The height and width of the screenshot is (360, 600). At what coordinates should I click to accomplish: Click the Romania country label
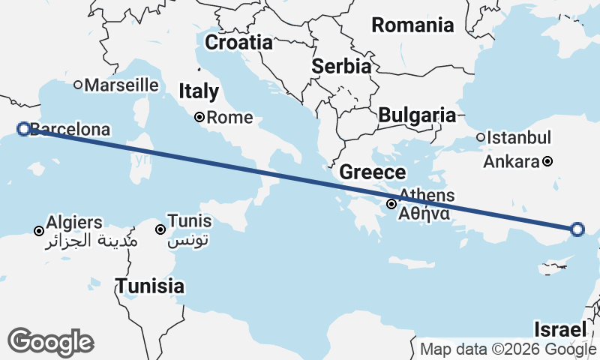point(412,25)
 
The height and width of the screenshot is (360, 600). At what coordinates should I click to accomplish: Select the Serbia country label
point(341,66)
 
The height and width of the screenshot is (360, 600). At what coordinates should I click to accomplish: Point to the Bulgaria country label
point(417,115)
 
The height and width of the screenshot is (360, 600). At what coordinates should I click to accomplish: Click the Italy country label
point(199,91)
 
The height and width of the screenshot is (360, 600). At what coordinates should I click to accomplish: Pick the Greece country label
point(372,172)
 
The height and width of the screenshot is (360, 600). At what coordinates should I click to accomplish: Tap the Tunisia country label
point(149,286)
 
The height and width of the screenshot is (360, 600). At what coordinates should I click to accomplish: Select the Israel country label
point(559,329)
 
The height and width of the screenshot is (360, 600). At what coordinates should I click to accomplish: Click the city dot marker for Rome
point(199,117)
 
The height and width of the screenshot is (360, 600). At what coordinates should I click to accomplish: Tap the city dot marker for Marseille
point(78,85)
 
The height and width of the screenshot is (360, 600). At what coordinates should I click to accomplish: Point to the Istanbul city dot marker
point(481,137)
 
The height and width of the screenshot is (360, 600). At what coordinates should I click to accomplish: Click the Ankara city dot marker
point(548,161)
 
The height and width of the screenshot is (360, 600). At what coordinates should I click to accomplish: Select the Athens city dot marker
point(391,204)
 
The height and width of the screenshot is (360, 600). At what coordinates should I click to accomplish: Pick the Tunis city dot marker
point(160,229)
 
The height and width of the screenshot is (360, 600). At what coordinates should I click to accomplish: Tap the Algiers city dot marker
point(39,230)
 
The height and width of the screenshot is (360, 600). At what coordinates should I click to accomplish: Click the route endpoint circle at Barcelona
point(23,129)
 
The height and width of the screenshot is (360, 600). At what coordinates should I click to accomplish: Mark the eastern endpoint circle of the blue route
point(577,229)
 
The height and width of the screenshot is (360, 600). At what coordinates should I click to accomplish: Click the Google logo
point(50,342)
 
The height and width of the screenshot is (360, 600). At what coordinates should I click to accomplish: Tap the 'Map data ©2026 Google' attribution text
point(508,349)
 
